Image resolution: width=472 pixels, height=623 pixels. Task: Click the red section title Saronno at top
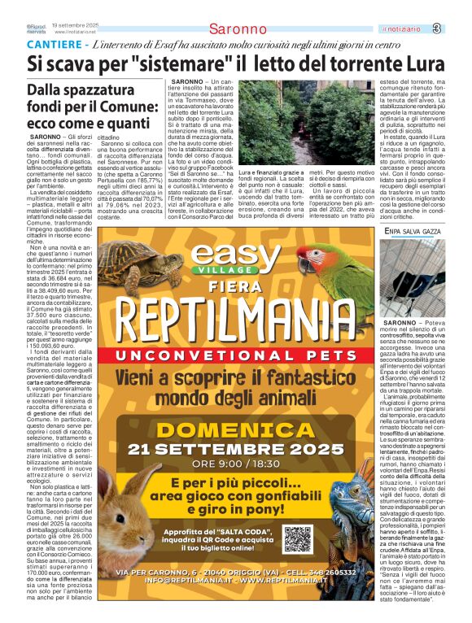[x=238, y=29]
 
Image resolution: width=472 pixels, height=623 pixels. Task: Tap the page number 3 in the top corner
[x=459, y=29]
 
